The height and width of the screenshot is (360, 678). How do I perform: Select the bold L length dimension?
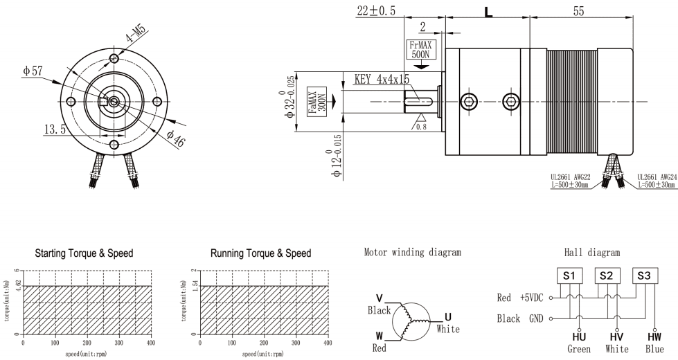(489, 12)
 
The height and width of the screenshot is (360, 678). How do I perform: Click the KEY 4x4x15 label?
(381, 79)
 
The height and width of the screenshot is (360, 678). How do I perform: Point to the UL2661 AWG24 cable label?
(654, 182)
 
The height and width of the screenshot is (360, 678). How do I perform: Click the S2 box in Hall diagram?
(606, 275)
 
